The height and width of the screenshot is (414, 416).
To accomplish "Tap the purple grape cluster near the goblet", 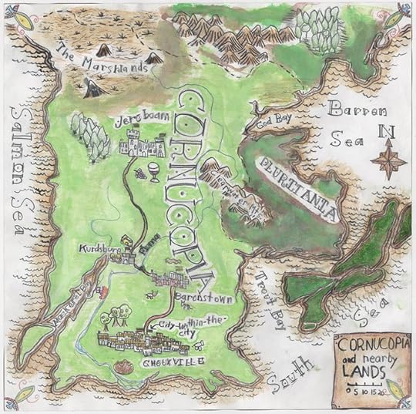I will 140,173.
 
